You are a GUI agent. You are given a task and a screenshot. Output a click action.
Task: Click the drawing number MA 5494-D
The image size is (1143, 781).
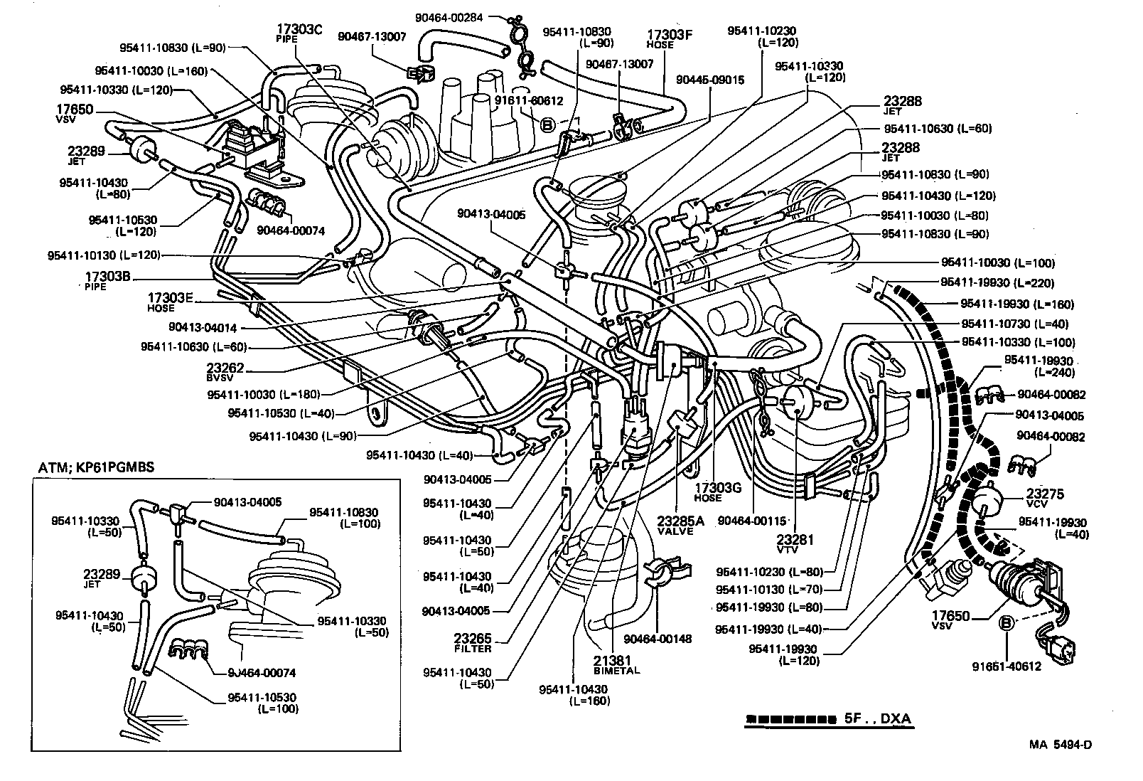[x=1060, y=745]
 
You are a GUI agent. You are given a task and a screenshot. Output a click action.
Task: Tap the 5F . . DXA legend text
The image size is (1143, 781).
[x=877, y=718]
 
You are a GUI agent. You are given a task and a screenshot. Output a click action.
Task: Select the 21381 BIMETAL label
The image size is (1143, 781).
[x=616, y=664]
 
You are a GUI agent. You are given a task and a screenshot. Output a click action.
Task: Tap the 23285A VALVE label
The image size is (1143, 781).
[x=680, y=525]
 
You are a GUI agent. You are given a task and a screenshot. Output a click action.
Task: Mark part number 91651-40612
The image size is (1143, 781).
[x=1006, y=666]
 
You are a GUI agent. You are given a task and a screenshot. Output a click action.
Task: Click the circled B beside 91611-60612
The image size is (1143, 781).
[x=547, y=125]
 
